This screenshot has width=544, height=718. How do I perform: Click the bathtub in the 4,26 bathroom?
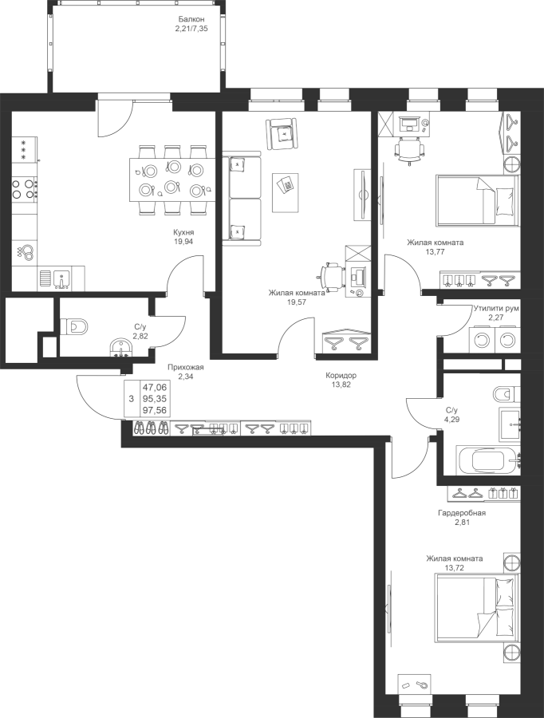click(486, 461)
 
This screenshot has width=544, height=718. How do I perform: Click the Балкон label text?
click(191, 20)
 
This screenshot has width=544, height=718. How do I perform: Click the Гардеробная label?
click(462, 514)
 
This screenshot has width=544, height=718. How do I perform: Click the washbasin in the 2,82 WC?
click(120, 348)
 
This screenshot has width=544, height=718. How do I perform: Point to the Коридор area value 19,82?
click(341, 384)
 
